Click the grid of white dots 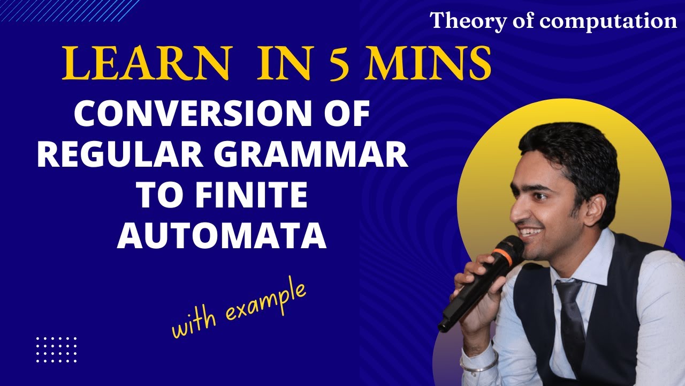56,350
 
